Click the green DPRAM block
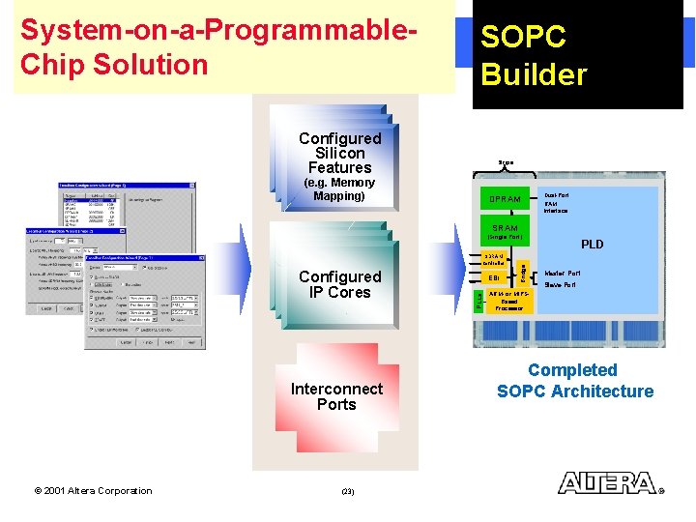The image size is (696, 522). tap(505, 199)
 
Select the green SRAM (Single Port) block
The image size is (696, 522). tap(505, 232)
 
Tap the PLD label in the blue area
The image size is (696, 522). tap(592, 245)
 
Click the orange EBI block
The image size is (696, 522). tap(495, 278)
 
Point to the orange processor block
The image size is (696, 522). tap(508, 302)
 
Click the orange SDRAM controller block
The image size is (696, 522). tap(494, 259)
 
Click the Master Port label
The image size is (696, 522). tap(562, 274)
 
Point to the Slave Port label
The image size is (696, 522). tap(560, 285)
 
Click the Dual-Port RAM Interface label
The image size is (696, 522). tap(556, 203)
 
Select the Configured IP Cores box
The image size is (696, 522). tap(339, 284)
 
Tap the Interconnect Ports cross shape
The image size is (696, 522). tap(336, 396)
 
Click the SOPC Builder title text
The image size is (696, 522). tap(534, 56)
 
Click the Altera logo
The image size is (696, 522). tap(609, 482)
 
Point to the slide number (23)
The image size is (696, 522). tap(348, 491)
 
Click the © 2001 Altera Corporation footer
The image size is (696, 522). tap(93, 491)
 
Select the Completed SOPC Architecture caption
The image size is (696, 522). tap(574, 381)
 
